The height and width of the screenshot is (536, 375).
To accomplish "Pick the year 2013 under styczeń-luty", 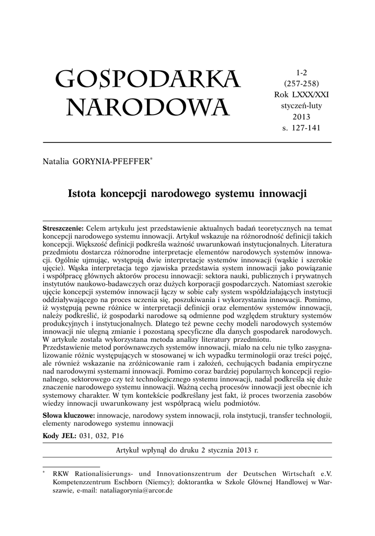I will (302, 116).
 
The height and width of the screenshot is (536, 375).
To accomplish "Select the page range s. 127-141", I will (302, 127).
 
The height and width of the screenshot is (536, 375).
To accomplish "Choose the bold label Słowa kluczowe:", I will (69, 416).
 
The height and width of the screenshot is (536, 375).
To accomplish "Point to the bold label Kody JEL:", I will (59, 435).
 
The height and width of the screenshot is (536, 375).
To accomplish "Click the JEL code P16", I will (118, 435).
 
